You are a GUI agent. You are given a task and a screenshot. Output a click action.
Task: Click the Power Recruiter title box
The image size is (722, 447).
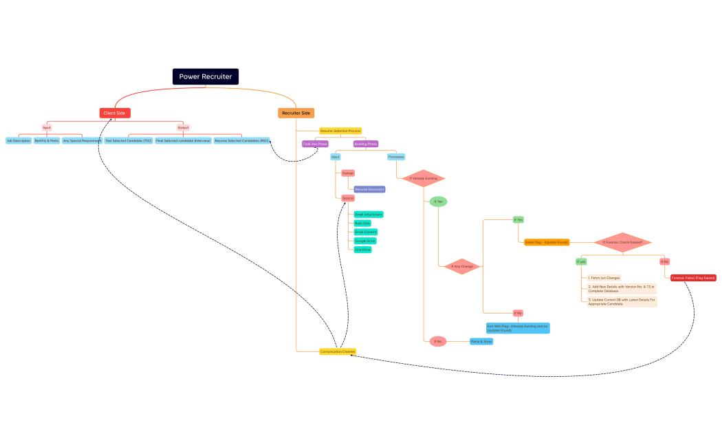pyautogui.click(x=206, y=76)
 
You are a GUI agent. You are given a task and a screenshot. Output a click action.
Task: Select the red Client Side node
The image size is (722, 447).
pyautogui.click(x=115, y=113)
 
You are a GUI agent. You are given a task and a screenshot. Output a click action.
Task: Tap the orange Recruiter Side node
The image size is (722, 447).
pyautogui.click(x=296, y=113)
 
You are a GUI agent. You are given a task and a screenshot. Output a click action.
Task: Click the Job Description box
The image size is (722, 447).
pyautogui.click(x=19, y=140)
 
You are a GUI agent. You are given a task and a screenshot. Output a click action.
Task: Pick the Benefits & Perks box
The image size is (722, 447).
pyautogui.click(x=47, y=140)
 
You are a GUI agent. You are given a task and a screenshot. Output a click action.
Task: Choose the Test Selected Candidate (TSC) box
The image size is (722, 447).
pyautogui.click(x=129, y=140)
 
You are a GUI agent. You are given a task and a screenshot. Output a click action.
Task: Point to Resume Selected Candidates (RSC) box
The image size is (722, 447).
pyautogui.click(x=241, y=140)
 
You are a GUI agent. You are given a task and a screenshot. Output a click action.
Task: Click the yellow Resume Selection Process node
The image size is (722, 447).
pyautogui.click(x=340, y=131)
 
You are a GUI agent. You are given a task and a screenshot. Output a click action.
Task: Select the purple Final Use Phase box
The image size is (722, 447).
pyautogui.click(x=316, y=144)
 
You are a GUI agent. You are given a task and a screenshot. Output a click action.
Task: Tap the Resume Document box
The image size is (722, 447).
pyautogui.click(x=370, y=189)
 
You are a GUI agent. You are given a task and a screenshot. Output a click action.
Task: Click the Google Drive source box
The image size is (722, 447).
pyautogui.click(x=365, y=241)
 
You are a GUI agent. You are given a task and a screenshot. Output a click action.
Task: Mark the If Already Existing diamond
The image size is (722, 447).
pyautogui.click(x=424, y=178)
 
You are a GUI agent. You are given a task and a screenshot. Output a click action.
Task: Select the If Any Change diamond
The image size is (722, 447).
pyautogui.click(x=462, y=266)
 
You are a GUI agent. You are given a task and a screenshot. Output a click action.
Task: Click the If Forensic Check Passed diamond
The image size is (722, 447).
pyautogui.click(x=622, y=242)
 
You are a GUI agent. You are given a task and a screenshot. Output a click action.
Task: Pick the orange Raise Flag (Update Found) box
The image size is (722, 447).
pyautogui.click(x=547, y=242)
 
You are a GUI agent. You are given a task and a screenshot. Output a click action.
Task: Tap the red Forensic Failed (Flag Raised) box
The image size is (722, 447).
pyautogui.click(x=693, y=278)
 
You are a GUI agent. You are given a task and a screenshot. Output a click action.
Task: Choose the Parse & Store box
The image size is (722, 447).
pyautogui.click(x=481, y=341)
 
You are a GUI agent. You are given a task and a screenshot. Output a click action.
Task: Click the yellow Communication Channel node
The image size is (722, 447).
pyautogui.click(x=338, y=351)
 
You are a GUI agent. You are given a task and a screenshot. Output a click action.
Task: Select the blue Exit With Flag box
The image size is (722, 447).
pyautogui.click(x=518, y=328)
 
